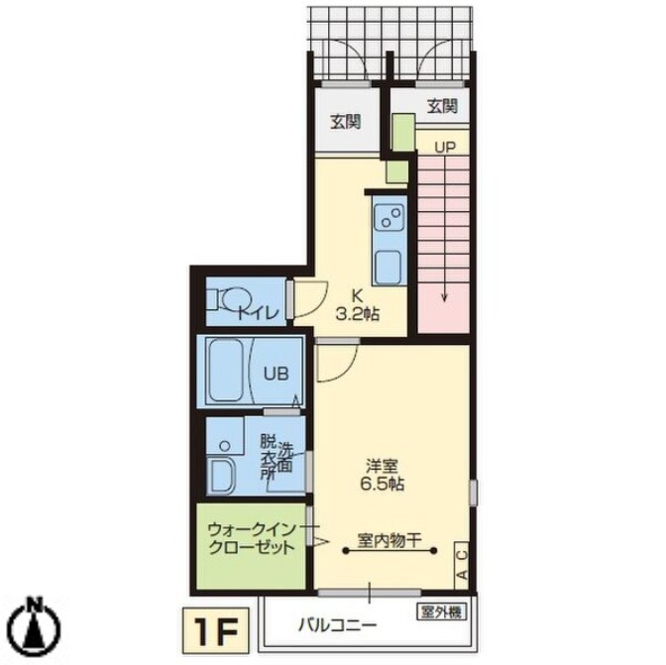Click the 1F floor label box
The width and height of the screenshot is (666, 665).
(216, 630)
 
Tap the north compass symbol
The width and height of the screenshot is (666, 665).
(36, 625)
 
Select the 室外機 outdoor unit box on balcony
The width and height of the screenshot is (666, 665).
(441, 611)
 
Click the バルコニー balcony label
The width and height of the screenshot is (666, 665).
(337, 625)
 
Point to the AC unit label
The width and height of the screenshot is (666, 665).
(463, 565)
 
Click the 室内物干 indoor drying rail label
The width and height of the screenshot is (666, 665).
(389, 541)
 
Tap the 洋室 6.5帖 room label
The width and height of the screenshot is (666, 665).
(382, 475)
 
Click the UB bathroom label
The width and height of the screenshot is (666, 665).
(277, 374)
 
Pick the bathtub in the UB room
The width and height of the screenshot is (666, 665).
(226, 371)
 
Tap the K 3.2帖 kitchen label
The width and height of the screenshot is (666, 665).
(358, 304)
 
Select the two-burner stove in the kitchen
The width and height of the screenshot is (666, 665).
(388, 217)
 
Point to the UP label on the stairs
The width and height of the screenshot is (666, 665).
(445, 147)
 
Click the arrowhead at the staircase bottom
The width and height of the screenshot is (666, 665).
(444, 298)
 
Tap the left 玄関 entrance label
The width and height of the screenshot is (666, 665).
(346, 122)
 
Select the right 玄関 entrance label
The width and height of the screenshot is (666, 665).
(442, 106)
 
